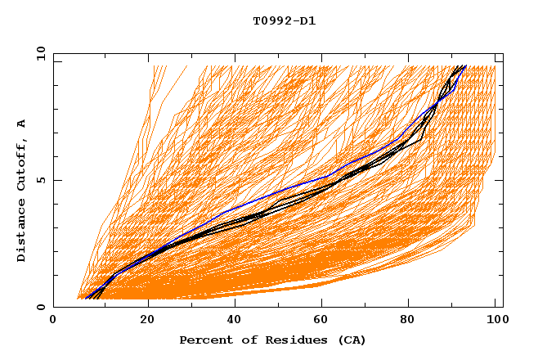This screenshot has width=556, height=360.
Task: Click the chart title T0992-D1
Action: click(284, 20)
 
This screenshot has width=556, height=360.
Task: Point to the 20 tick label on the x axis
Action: click(148, 322)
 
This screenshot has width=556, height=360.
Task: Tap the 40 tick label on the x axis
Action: click(236, 322)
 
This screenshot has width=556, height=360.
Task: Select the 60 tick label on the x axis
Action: click(325, 322)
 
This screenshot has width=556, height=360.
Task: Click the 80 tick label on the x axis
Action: click(413, 322)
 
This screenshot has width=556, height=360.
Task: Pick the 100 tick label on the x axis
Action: click(495, 322)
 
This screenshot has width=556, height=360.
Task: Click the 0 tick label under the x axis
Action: click(53, 322)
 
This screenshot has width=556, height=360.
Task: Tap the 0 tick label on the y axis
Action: click(40, 308)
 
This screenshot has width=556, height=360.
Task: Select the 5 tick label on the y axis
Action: click(40, 181)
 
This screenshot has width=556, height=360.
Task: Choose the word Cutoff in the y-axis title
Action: click(21, 162)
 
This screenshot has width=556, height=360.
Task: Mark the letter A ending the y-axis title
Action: click(21, 124)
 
